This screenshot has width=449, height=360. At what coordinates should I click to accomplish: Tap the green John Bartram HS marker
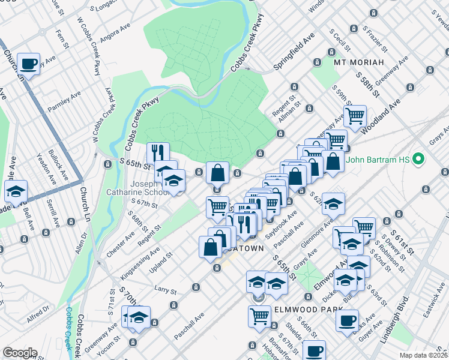(x=420, y=160)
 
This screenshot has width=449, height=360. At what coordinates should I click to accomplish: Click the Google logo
(x=19, y=353)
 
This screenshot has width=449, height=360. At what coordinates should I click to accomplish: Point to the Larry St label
(x=165, y=290)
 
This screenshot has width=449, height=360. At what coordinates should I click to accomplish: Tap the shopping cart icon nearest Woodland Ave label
(x=355, y=115)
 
